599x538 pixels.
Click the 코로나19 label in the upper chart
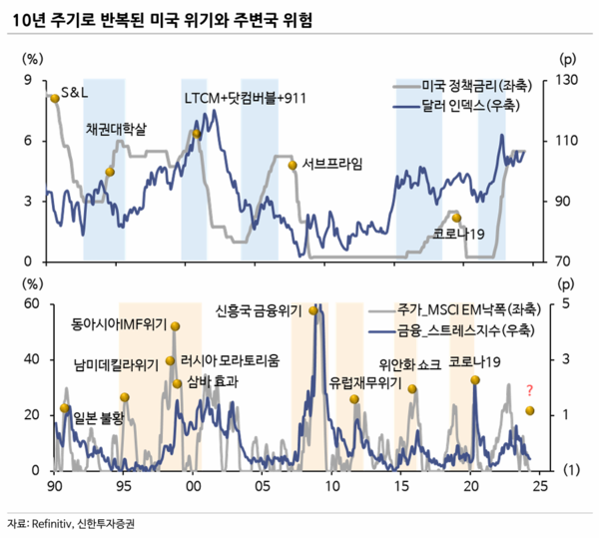click(459, 234)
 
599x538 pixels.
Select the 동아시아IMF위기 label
click(119, 324)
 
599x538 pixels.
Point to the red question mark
click(529, 389)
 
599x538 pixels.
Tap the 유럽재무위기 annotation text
click(364, 382)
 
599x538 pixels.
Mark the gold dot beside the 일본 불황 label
click(65, 407)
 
